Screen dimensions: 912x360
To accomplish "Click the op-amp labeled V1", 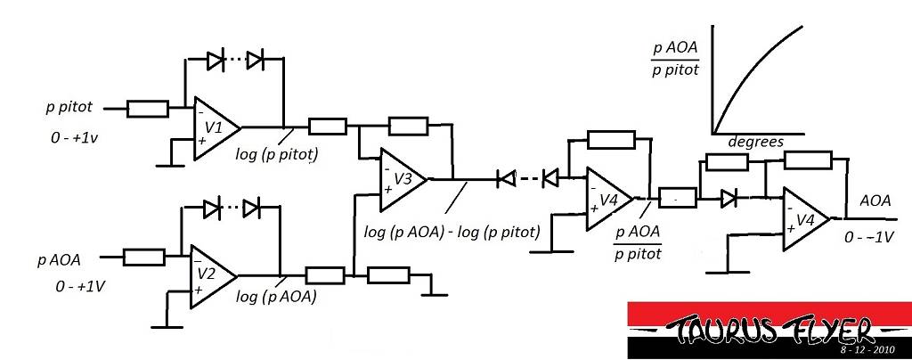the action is (216, 127).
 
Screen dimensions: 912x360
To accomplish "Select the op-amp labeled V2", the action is (213, 276).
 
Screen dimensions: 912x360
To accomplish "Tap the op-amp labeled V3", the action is (403, 179).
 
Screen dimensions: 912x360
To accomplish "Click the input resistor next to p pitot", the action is (148, 109).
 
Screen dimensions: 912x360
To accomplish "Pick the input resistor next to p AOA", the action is (143, 257).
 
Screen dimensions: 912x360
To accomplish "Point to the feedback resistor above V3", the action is (408, 126).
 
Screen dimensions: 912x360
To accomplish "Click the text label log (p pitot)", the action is (277, 155).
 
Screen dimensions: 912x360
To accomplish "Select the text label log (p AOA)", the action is (276, 297).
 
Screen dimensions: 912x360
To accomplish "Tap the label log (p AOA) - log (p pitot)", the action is (452, 232).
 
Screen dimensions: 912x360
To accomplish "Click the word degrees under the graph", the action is (755, 142).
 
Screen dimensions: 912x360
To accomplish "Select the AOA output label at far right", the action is (875, 200).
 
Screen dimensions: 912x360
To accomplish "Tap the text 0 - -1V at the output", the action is (869, 238).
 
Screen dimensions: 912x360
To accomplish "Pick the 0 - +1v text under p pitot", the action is (74, 138).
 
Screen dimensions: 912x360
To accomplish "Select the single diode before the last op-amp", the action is (729, 199).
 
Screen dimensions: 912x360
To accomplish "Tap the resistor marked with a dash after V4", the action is (677, 198).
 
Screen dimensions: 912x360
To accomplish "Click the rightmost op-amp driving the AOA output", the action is (806, 219).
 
